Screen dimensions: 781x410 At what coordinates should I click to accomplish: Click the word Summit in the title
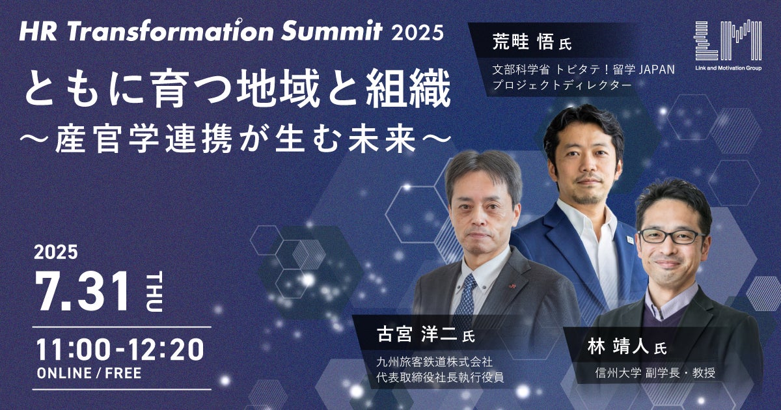point(332,31)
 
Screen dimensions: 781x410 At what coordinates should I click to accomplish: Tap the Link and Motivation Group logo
point(728,46)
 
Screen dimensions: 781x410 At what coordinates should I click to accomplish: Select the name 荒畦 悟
point(523,44)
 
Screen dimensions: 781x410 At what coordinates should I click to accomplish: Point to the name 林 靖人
point(618,348)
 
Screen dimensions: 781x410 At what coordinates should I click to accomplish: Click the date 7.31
point(83,292)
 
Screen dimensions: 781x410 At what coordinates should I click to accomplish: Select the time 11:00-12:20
point(120,349)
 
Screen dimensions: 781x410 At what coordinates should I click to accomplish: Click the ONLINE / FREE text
point(89,374)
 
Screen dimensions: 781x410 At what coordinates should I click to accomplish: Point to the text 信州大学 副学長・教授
point(655,374)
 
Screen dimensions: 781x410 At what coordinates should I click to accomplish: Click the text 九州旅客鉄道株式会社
point(435,362)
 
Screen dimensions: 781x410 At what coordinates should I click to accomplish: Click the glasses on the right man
point(671,236)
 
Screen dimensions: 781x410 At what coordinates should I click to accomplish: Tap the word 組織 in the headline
point(408,89)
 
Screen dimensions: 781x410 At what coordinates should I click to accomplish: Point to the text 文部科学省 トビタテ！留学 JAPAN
point(583,70)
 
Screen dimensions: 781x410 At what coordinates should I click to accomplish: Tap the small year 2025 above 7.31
point(56,252)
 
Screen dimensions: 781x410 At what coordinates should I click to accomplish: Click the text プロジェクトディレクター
point(562,85)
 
